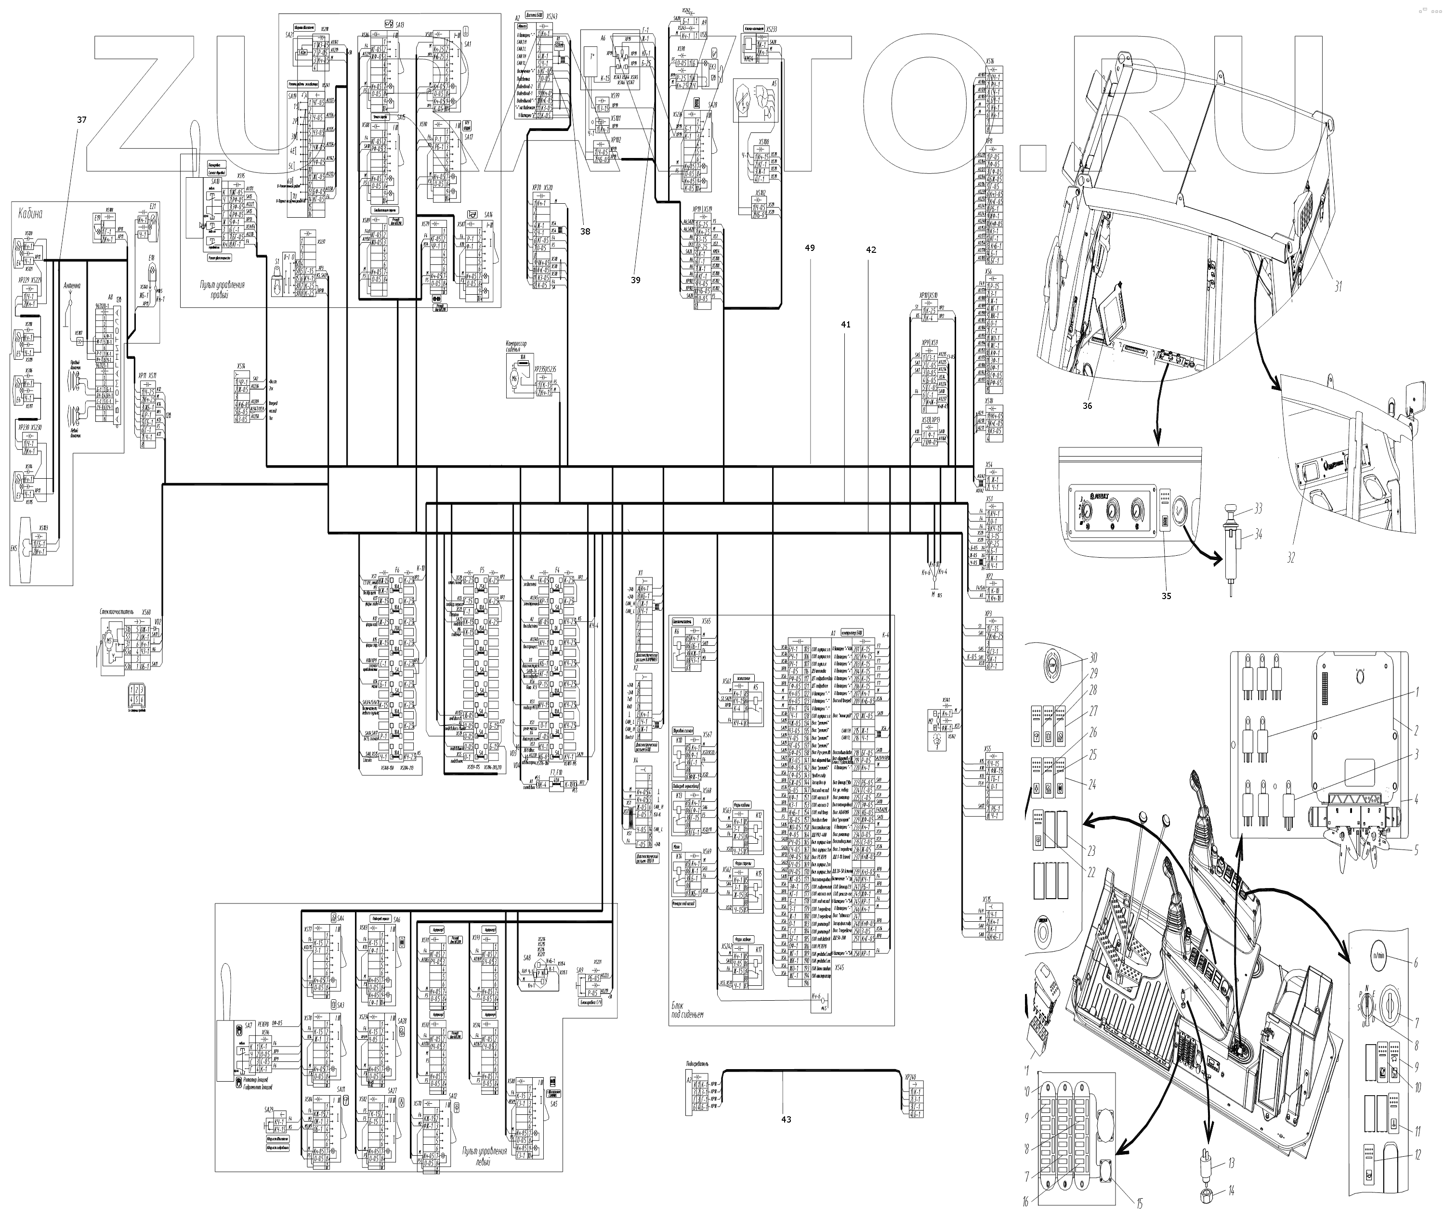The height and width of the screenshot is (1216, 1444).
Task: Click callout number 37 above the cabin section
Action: [81, 120]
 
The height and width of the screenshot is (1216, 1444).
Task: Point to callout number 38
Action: [585, 232]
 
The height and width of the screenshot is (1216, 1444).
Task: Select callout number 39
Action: [635, 280]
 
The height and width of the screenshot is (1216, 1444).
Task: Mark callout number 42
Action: [870, 249]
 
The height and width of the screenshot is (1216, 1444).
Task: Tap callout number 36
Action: [1087, 406]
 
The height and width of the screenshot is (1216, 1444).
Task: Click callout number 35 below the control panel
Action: [1166, 596]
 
